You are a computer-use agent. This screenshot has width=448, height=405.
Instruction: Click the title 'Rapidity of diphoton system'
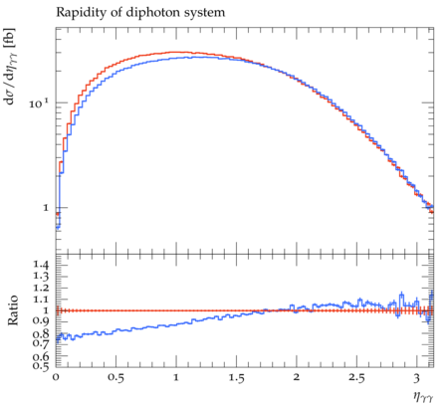coord(140,13)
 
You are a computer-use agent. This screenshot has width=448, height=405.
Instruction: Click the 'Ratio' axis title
coord(13,309)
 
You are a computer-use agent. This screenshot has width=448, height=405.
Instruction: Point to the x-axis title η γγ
coord(423,396)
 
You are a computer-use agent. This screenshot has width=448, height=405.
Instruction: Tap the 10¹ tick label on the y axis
coord(39,102)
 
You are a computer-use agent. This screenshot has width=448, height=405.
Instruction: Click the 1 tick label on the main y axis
coord(46,208)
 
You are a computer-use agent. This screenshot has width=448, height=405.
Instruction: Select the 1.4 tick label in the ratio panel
coord(41,265)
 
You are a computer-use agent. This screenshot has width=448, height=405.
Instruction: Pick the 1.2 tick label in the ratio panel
coord(41,288)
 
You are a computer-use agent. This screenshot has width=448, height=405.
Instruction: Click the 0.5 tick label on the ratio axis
coord(41,365)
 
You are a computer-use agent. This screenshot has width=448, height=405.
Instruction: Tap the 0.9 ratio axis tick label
coord(41,320)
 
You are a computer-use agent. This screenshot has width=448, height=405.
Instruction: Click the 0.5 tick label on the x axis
coord(115,377)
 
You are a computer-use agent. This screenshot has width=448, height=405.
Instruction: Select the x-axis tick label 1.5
coord(236,377)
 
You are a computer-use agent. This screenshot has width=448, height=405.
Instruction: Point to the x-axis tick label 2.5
coord(356,377)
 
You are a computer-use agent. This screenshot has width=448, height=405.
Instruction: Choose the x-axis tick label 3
coord(416,377)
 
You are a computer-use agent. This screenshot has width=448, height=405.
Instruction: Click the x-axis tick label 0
coord(56,377)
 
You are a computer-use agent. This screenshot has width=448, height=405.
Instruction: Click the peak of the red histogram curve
coord(176,52)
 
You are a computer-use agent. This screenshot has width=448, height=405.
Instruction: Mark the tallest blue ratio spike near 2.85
coord(402,294)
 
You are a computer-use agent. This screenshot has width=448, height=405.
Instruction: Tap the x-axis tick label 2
coord(297,377)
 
